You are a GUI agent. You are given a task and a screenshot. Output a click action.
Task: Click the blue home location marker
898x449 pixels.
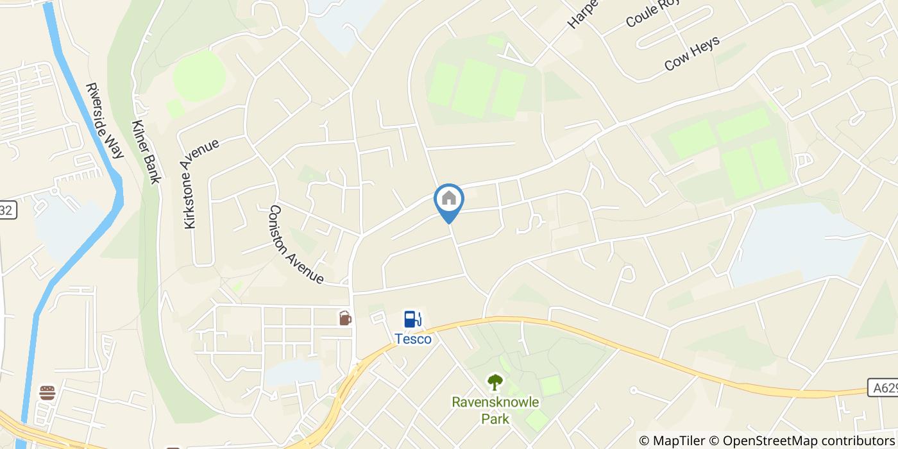(x=449, y=199)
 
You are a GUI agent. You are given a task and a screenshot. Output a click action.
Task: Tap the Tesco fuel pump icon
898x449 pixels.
(x=412, y=319)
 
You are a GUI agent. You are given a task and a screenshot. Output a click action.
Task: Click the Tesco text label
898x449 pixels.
(x=412, y=339)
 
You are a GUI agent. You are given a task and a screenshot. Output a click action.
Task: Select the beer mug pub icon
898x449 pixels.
(x=345, y=318)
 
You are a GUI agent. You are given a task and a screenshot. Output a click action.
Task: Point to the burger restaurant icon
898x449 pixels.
(x=47, y=393)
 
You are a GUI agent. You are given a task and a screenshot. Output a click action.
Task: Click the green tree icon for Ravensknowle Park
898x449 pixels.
(x=495, y=383)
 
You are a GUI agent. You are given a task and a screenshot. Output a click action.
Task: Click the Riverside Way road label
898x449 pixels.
(x=105, y=120)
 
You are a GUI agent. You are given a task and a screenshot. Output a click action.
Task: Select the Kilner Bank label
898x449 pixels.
(x=146, y=151)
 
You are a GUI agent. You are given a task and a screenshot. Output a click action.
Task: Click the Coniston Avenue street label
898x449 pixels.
(x=296, y=244)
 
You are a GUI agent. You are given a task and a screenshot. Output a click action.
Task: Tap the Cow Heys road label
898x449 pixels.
(x=692, y=53)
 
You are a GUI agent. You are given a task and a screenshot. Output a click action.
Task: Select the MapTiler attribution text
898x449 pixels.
(x=678, y=441)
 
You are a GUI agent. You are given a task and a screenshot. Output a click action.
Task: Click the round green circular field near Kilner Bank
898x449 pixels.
(x=199, y=76)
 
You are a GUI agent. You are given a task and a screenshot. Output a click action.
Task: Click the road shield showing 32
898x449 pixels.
(x=6, y=210)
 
